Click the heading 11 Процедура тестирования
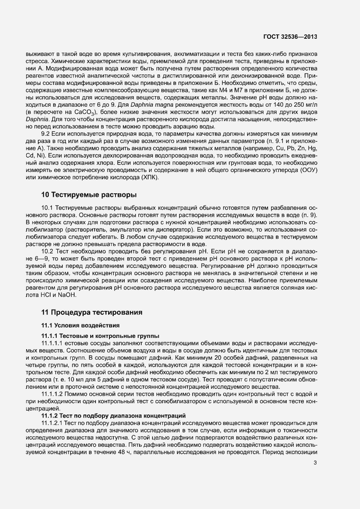pos(92,312)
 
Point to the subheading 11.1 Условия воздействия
pos(78,325)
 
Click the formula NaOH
pos(68,295)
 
